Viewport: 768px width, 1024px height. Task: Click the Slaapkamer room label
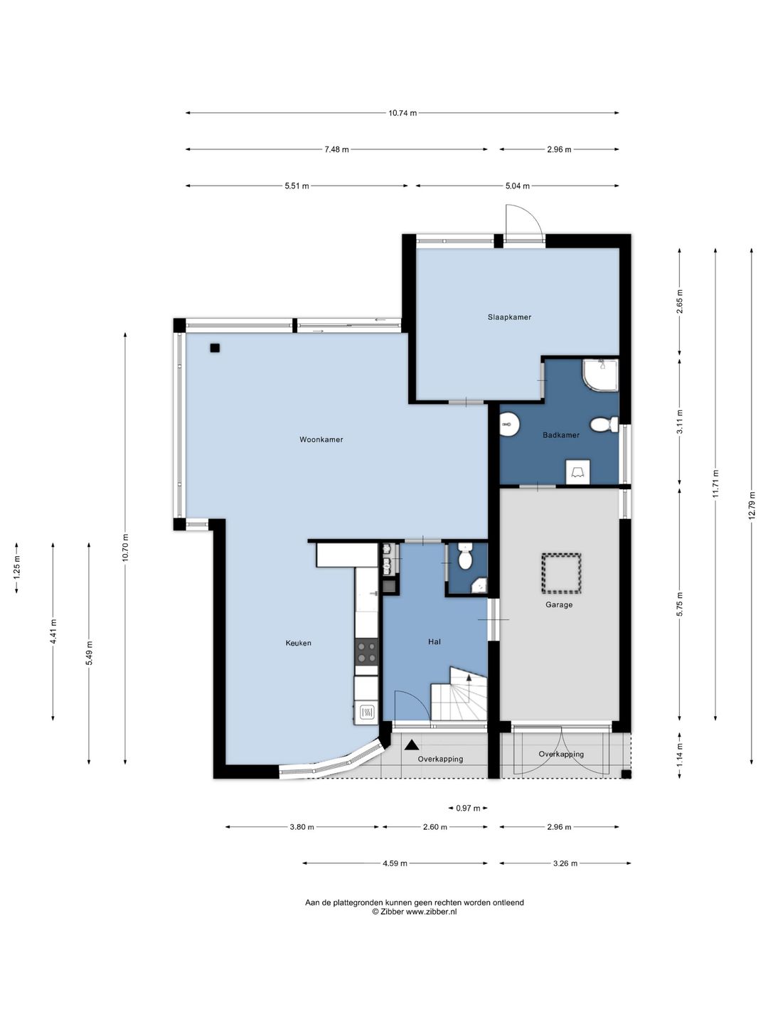point(509,317)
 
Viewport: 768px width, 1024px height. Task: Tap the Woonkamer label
point(321,439)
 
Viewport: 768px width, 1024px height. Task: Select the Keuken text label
point(299,643)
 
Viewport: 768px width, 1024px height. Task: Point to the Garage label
point(559,604)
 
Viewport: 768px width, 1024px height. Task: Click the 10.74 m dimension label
point(402,113)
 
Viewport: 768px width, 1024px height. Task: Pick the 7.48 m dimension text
point(336,150)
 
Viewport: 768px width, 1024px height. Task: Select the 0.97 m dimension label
point(468,808)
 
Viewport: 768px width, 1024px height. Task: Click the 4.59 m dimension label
point(395,863)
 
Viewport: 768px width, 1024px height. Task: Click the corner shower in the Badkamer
point(600,375)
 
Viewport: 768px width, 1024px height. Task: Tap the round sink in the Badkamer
point(509,425)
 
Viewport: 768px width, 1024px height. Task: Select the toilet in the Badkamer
point(604,425)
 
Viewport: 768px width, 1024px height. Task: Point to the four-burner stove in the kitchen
point(366,651)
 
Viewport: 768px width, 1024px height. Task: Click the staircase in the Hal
point(459,694)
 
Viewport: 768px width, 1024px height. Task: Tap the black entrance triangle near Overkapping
point(410,745)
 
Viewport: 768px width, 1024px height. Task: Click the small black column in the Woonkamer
point(215,348)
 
